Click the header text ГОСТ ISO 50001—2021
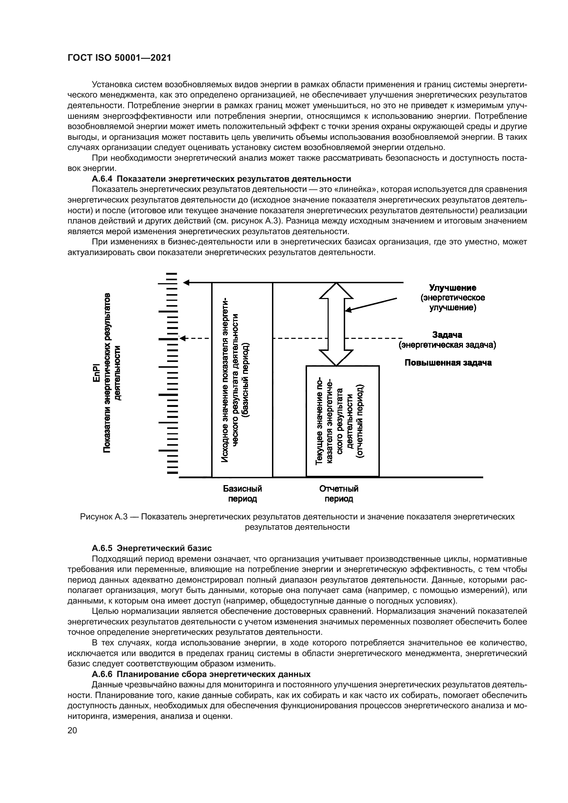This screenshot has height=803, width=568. [119, 58]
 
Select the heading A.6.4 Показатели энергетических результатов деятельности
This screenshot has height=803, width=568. [221, 179]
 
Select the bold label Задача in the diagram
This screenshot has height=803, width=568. [447, 335]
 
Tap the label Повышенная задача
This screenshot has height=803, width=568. [448, 363]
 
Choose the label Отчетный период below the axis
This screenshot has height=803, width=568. [339, 493]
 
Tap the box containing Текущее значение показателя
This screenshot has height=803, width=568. [342, 421]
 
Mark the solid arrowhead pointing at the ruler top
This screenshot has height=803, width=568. [186, 283]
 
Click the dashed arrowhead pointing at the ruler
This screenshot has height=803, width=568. [183, 338]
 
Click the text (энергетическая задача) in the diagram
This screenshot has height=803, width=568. [448, 345]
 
